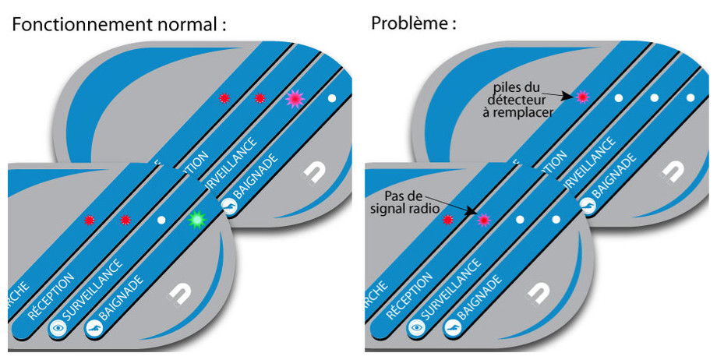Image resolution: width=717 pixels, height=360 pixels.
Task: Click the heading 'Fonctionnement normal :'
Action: [119, 23]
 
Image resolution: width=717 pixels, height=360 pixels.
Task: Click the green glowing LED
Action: [197, 221]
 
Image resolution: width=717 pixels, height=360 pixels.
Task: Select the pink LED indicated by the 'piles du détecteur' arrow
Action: [581, 97]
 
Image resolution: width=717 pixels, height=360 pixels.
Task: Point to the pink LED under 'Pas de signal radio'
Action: [483, 221]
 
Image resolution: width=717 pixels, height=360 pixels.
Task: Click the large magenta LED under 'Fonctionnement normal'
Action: [295, 98]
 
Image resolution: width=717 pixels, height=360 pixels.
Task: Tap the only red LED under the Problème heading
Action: [447, 221]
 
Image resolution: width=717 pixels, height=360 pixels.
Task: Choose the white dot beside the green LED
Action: [161, 221]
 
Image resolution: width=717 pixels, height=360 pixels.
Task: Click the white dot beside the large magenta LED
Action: [331, 98]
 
